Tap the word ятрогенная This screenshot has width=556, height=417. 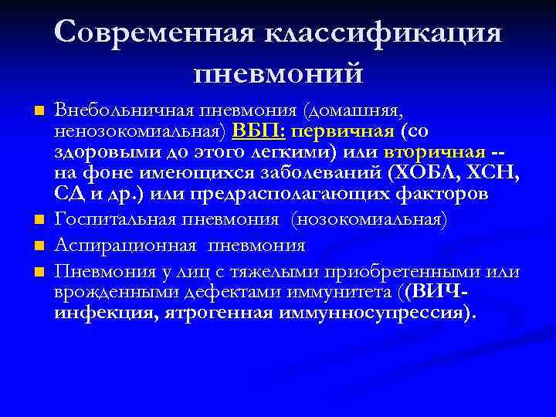click(216, 314)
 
